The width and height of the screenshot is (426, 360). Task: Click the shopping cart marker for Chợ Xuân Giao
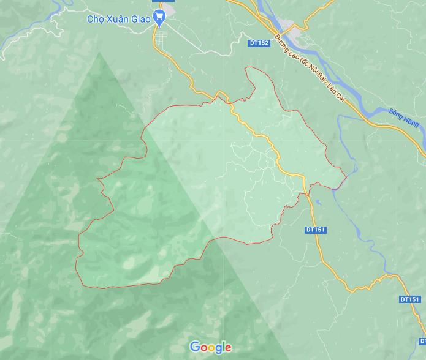coord(160,18)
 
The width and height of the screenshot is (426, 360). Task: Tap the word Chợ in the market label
coord(95,18)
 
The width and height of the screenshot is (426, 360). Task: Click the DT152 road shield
coord(259,43)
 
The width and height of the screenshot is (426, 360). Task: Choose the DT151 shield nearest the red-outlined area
coord(315,230)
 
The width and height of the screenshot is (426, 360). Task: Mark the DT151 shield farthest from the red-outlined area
coord(409,299)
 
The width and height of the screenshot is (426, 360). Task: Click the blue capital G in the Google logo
coord(195,347)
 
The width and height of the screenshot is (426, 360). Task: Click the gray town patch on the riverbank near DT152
coord(300,30)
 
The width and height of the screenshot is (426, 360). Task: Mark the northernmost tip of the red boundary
coord(247,67)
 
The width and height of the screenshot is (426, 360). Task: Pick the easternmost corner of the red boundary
coord(347,178)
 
